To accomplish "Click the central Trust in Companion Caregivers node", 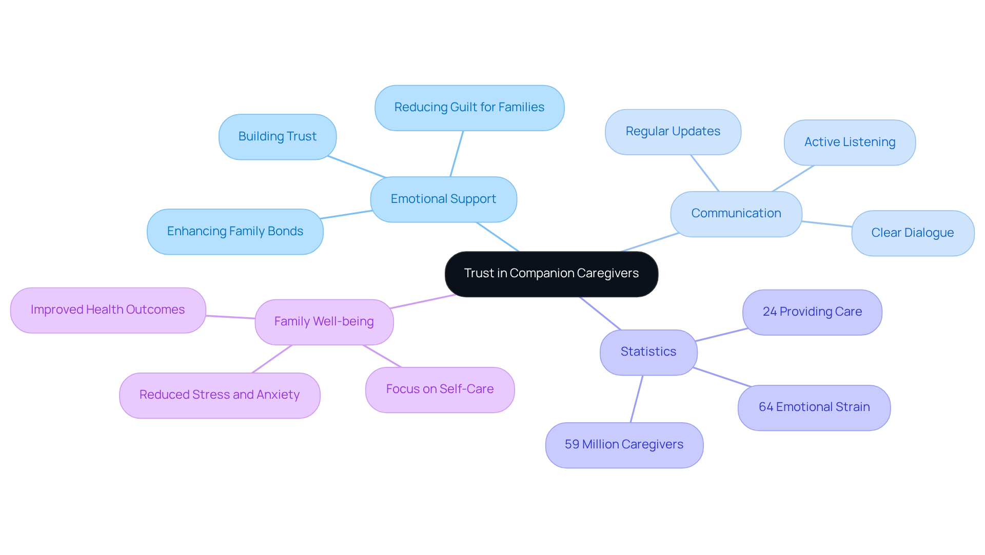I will tap(551, 274).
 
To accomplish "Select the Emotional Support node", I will tap(443, 199).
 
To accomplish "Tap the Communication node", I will tap(736, 214).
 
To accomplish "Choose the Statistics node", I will tap(648, 352).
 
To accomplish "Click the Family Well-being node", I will tap(324, 322).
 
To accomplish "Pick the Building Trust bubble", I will tap(277, 137).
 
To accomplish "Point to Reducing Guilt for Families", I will tap(469, 108).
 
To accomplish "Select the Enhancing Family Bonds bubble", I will tap(235, 232).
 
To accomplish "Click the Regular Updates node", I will tap(673, 132).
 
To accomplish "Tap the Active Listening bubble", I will tap(850, 142).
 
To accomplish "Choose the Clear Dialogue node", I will tap(912, 233).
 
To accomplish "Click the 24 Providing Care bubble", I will tap(812, 312).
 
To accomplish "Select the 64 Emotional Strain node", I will tap(814, 407).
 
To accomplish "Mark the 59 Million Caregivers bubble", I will tap(624, 445).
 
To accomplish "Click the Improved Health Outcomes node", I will tap(108, 310).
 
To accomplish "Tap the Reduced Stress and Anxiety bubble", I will tap(220, 395).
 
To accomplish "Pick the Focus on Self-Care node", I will tap(440, 389).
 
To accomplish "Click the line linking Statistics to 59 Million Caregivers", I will tap(636, 399).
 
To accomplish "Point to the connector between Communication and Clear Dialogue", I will tap(826, 224).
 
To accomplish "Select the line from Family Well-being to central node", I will tap(423, 301).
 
